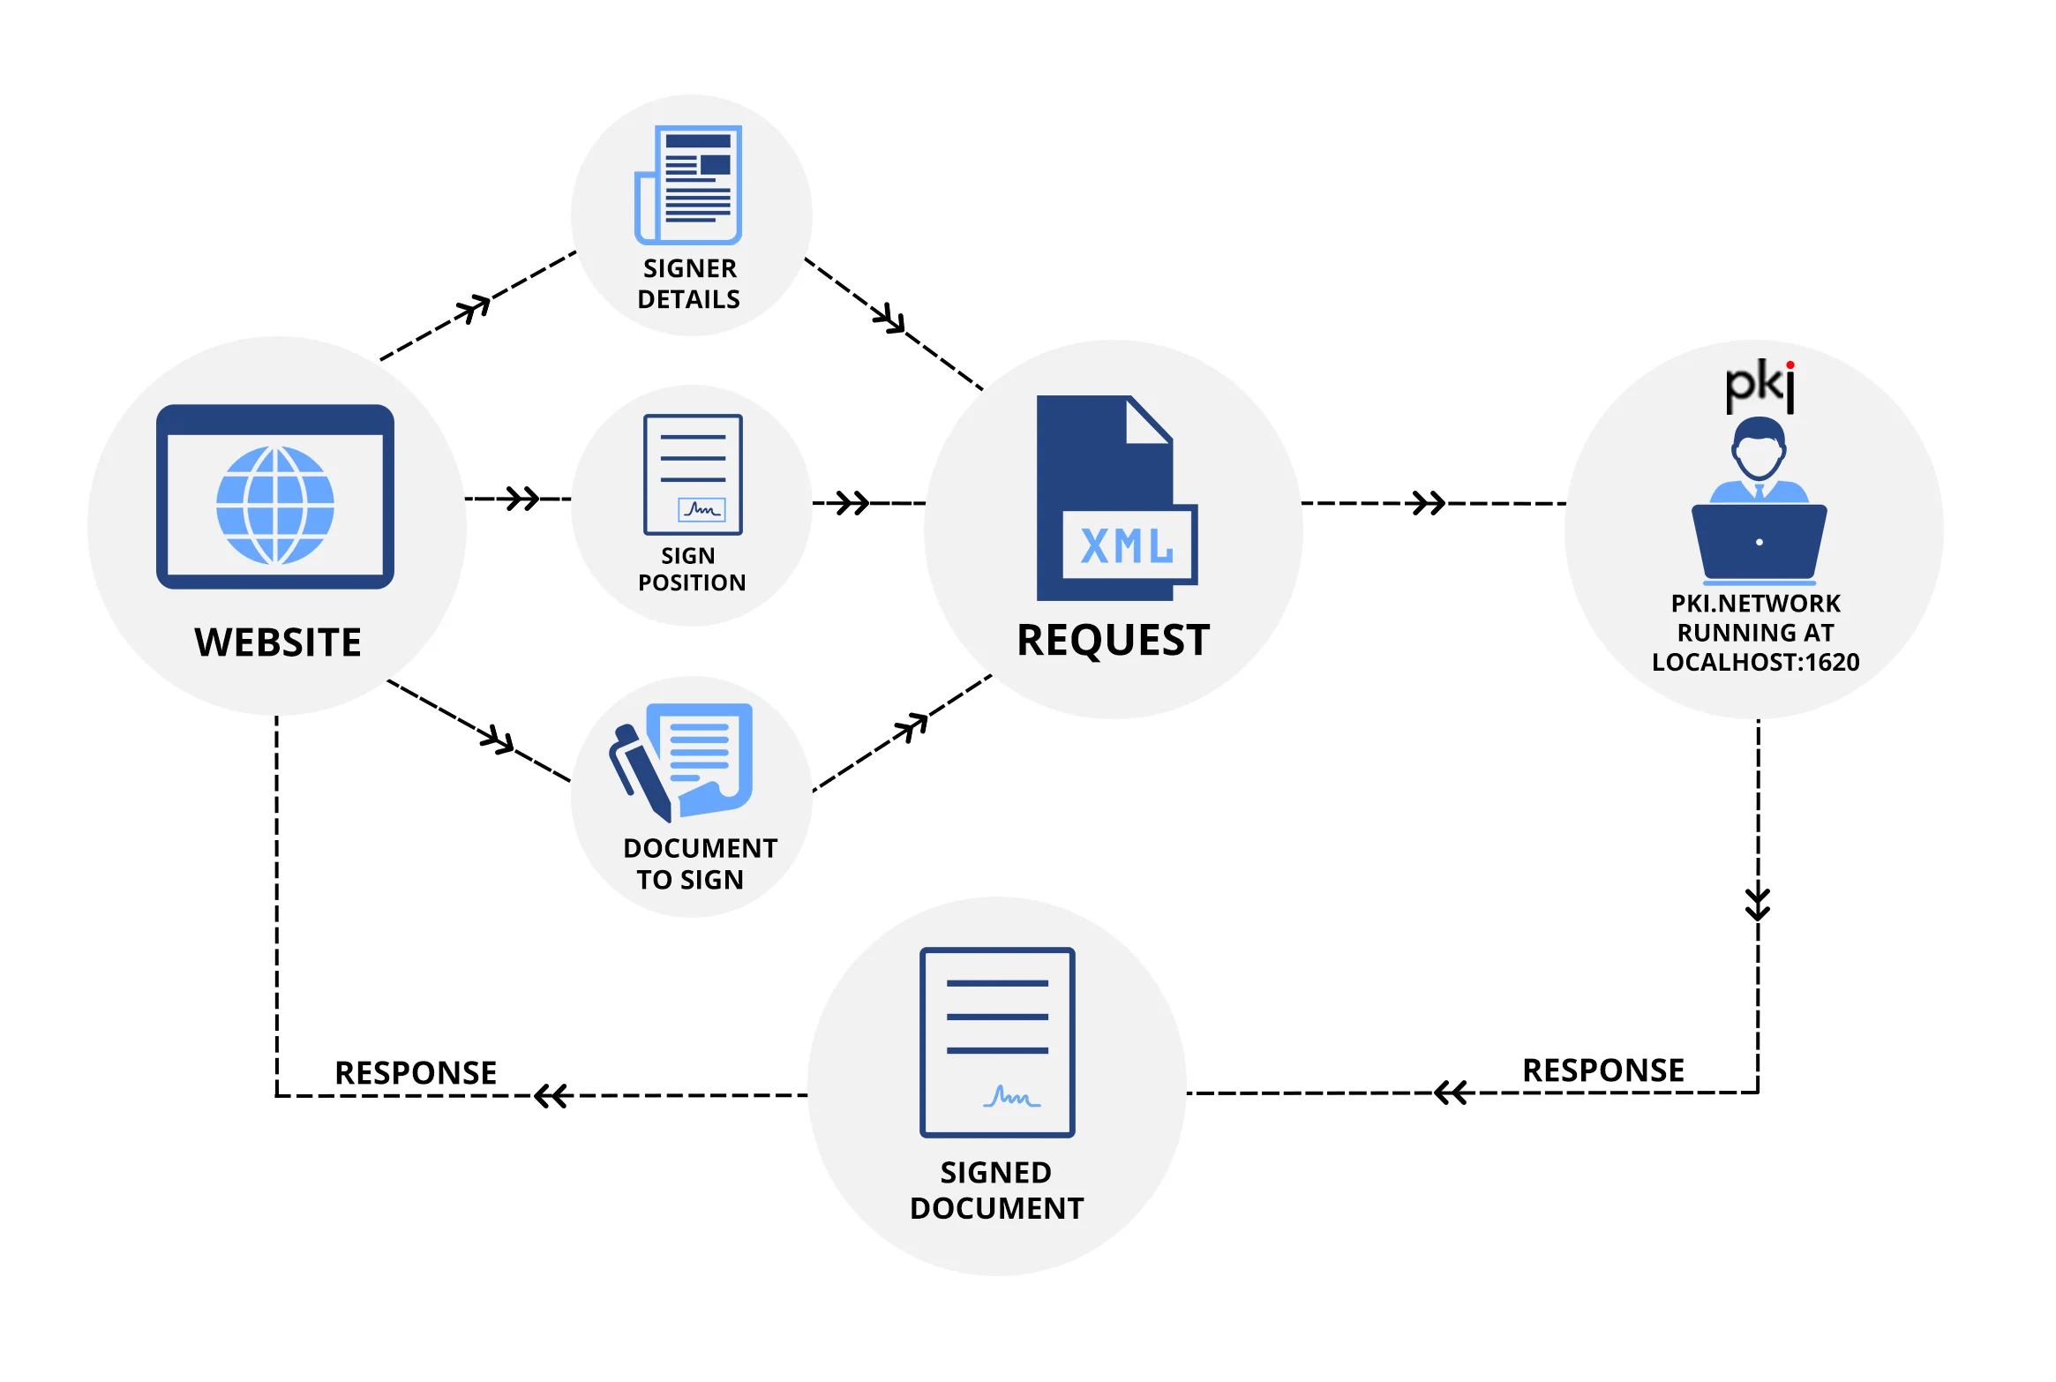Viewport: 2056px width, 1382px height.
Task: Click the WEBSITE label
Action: pyautogui.click(x=277, y=642)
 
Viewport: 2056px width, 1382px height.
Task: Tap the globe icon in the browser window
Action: pyautogui.click(x=275, y=505)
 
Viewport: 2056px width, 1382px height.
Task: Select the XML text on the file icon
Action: pyautogui.click(x=1127, y=546)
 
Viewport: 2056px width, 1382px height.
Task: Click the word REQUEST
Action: pyautogui.click(x=1113, y=640)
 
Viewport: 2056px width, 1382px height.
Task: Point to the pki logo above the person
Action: pyautogui.click(x=1760, y=386)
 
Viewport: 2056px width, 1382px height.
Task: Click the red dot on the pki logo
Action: pyautogui.click(x=1790, y=364)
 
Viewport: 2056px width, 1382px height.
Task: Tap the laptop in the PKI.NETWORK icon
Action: pyautogui.click(x=1759, y=542)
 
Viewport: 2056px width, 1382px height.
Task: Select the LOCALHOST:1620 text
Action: pyautogui.click(x=1755, y=662)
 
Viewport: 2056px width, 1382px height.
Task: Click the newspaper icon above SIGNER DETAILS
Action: pyautogui.click(x=689, y=184)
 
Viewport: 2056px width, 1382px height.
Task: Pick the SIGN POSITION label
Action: pyautogui.click(x=691, y=569)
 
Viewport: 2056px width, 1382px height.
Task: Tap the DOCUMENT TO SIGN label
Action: pyautogui.click(x=699, y=863)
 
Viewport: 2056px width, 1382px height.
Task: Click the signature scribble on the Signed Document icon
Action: pyautogui.click(x=1011, y=1097)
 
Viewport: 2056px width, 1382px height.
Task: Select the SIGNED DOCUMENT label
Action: pyautogui.click(x=996, y=1190)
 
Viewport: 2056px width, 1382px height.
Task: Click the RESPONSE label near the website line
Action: pyautogui.click(x=416, y=1072)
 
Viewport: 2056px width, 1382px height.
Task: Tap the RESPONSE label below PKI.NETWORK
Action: pyautogui.click(x=1602, y=1070)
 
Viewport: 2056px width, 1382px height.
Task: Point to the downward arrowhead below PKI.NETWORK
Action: pyautogui.click(x=1758, y=904)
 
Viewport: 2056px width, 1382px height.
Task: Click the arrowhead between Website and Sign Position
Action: pyautogui.click(x=522, y=499)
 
